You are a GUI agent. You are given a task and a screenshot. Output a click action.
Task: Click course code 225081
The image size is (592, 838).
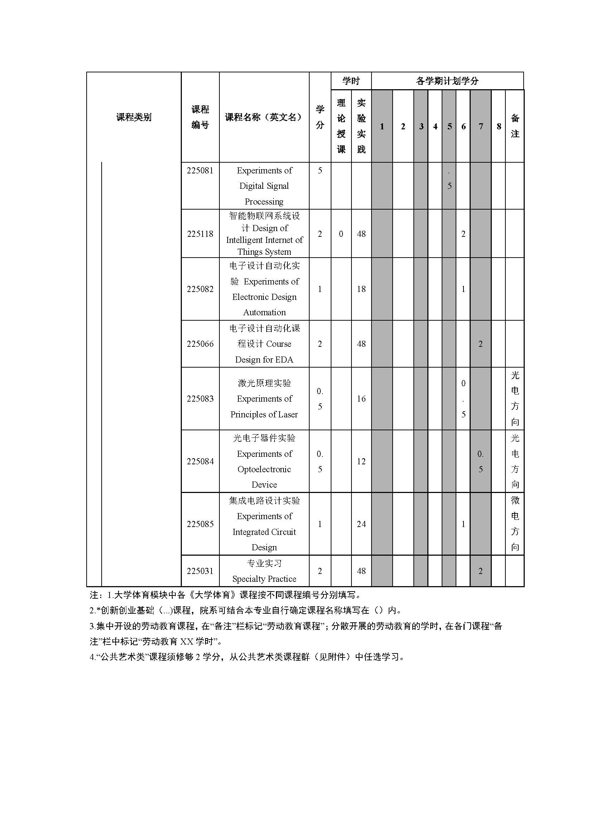point(200,171)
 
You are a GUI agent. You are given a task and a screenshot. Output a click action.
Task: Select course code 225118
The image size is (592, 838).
point(200,234)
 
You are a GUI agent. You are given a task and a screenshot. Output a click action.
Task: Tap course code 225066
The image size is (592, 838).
point(200,344)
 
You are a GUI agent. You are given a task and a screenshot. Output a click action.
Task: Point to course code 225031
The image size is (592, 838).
point(200,571)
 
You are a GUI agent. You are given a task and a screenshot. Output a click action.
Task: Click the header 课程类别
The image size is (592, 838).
point(134,117)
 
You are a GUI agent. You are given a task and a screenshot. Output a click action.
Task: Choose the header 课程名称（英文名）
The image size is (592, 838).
point(264,117)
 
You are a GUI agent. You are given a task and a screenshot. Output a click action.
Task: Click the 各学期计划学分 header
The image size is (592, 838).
point(447,81)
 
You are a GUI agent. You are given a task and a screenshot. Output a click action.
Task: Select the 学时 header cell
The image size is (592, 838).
point(351,81)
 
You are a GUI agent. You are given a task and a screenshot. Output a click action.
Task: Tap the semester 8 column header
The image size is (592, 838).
point(499,126)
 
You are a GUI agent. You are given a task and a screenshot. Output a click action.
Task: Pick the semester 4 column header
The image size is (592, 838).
point(435,126)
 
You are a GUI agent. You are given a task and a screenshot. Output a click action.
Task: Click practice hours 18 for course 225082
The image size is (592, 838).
point(361,289)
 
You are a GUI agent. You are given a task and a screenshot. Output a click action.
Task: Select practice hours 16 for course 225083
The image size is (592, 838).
point(361,398)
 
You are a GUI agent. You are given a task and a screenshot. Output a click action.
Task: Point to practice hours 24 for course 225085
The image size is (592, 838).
point(361,524)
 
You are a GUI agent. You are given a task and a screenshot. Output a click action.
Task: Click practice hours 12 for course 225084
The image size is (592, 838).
point(361,461)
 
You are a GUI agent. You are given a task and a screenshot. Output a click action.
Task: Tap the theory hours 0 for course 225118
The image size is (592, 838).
point(341,234)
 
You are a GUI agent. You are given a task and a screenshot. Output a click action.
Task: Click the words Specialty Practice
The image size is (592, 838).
point(264,579)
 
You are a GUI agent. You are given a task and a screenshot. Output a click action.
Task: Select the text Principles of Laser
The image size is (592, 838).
point(264,415)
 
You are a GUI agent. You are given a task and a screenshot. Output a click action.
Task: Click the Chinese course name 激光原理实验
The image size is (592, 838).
point(264,383)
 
